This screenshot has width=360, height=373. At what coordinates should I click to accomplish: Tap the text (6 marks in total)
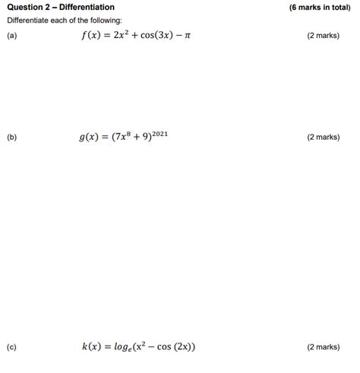(320, 8)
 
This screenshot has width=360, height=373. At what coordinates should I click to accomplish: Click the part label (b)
(11, 138)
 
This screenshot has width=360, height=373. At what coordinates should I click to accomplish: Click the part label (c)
(11, 347)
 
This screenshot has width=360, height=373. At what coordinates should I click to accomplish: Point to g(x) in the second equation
(90, 138)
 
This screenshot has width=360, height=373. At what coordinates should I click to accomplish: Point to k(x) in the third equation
(93, 347)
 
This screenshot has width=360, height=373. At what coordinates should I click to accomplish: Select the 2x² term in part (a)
(122, 36)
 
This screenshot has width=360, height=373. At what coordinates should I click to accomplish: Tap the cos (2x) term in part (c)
(177, 347)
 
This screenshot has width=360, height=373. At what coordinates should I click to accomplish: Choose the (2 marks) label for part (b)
(323, 138)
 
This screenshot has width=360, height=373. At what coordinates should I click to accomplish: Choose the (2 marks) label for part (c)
(323, 347)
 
